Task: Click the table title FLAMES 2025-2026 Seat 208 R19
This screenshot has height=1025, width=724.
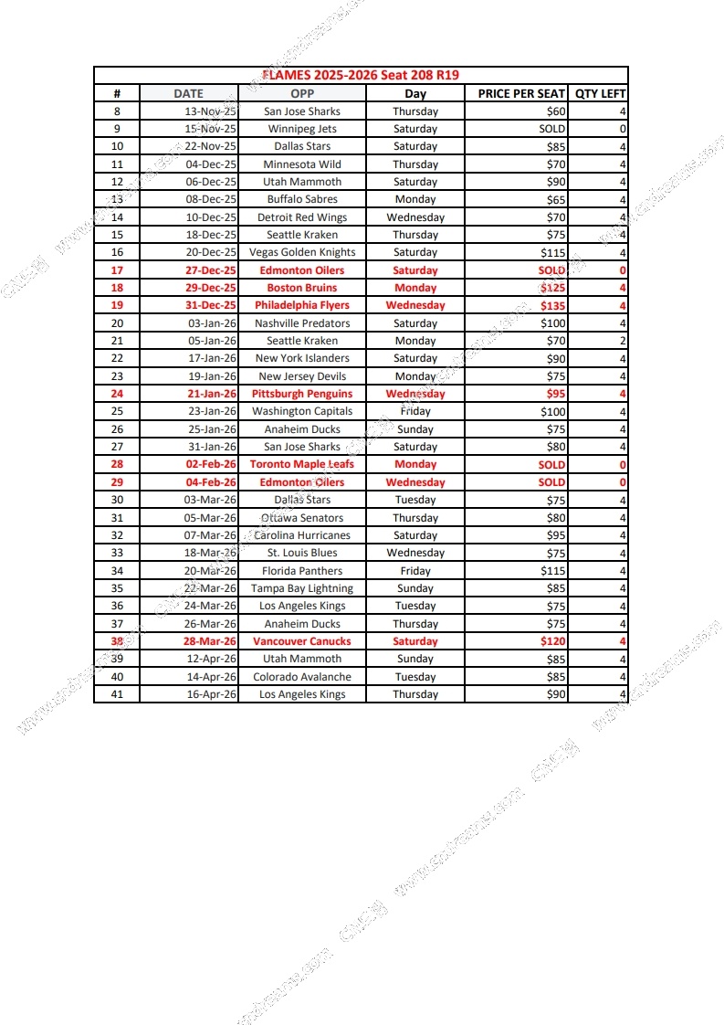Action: coord(361,75)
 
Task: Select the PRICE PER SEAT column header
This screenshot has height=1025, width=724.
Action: coord(521,93)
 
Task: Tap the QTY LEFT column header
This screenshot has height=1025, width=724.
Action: coord(600,93)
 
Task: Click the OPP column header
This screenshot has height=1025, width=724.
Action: coord(302,93)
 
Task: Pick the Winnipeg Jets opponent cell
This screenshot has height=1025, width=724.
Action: coord(302,129)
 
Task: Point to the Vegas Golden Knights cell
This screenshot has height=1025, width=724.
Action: coord(302,252)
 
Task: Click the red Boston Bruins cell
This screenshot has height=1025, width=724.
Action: coord(302,288)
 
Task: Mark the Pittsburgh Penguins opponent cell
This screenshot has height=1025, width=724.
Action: coord(302,394)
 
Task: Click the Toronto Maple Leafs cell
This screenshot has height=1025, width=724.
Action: coord(302,464)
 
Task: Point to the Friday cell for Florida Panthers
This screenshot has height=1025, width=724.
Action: coord(415,570)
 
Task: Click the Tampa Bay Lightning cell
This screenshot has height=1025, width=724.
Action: coord(302,588)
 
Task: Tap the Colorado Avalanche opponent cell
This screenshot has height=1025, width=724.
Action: coord(302,677)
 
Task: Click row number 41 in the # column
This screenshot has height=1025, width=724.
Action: coord(117,694)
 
